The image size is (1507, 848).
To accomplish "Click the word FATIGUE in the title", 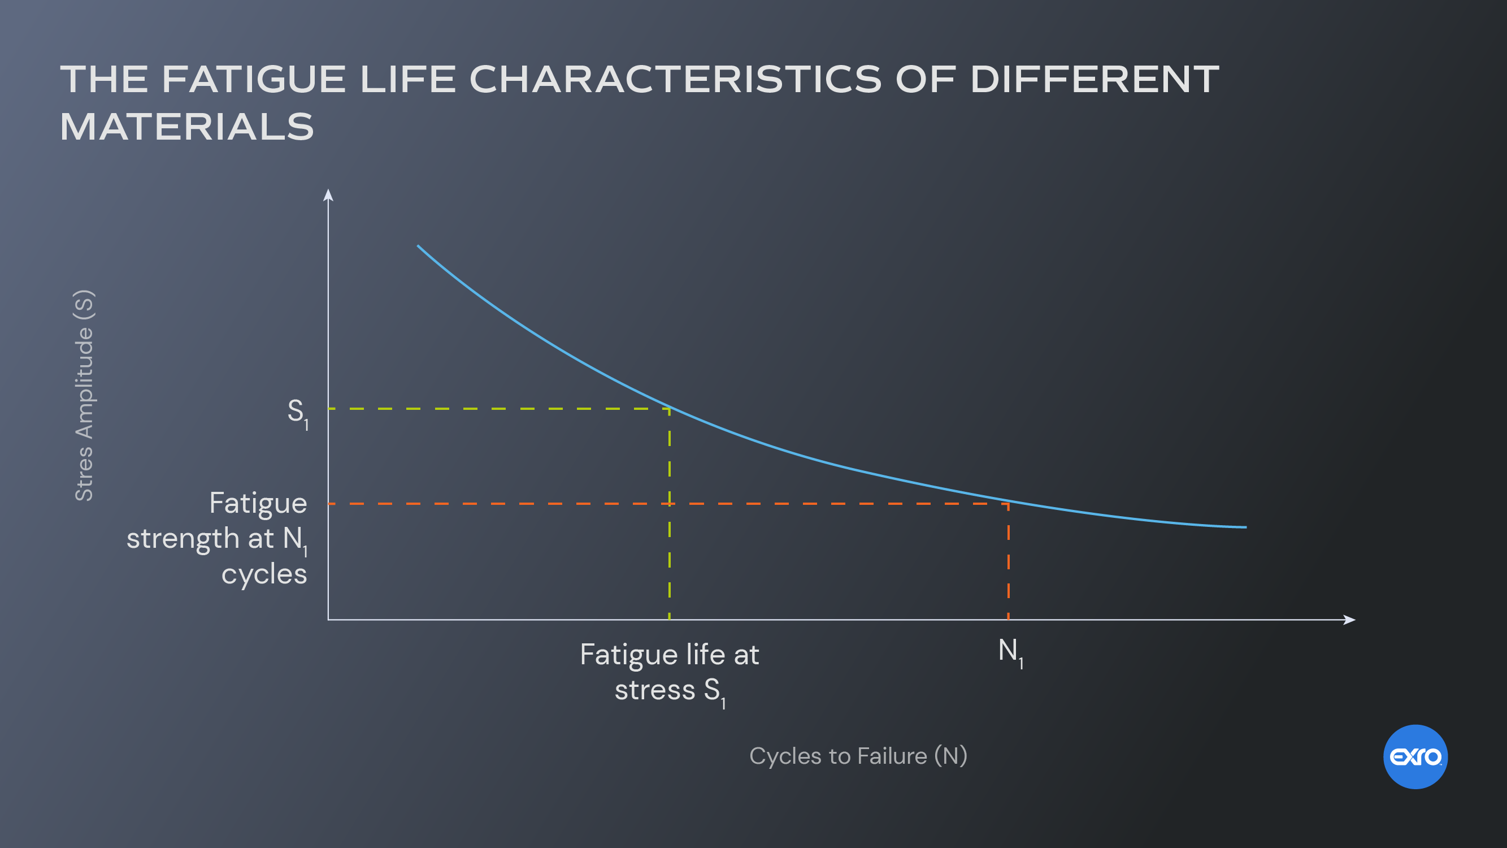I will (x=253, y=79).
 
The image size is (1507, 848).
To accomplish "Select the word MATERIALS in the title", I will (x=187, y=127).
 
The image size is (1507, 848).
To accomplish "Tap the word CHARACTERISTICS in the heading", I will (x=675, y=79).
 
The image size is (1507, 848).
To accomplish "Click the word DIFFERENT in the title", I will (x=1095, y=79).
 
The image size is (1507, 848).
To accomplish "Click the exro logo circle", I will (x=1415, y=757).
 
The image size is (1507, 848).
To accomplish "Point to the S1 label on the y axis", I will (x=297, y=413).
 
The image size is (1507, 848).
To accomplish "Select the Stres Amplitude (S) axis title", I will (x=84, y=396).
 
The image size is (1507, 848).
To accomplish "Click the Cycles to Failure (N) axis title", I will (x=858, y=756).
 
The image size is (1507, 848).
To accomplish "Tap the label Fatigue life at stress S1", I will (x=669, y=672).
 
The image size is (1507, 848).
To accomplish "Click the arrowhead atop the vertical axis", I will (x=328, y=194).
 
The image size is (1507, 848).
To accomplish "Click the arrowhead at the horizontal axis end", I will (x=1349, y=619).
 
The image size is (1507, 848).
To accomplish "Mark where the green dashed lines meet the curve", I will (x=669, y=408).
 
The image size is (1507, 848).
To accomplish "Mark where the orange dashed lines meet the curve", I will (x=1008, y=502).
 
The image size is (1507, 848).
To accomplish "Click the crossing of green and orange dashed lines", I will (x=669, y=503).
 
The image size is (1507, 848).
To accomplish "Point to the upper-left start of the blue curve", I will (x=418, y=246).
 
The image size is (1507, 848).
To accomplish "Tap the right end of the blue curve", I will (x=1245, y=527).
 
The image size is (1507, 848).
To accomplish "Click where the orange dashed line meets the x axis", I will (x=1008, y=618).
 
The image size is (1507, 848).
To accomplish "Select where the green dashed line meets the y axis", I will (x=329, y=408).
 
